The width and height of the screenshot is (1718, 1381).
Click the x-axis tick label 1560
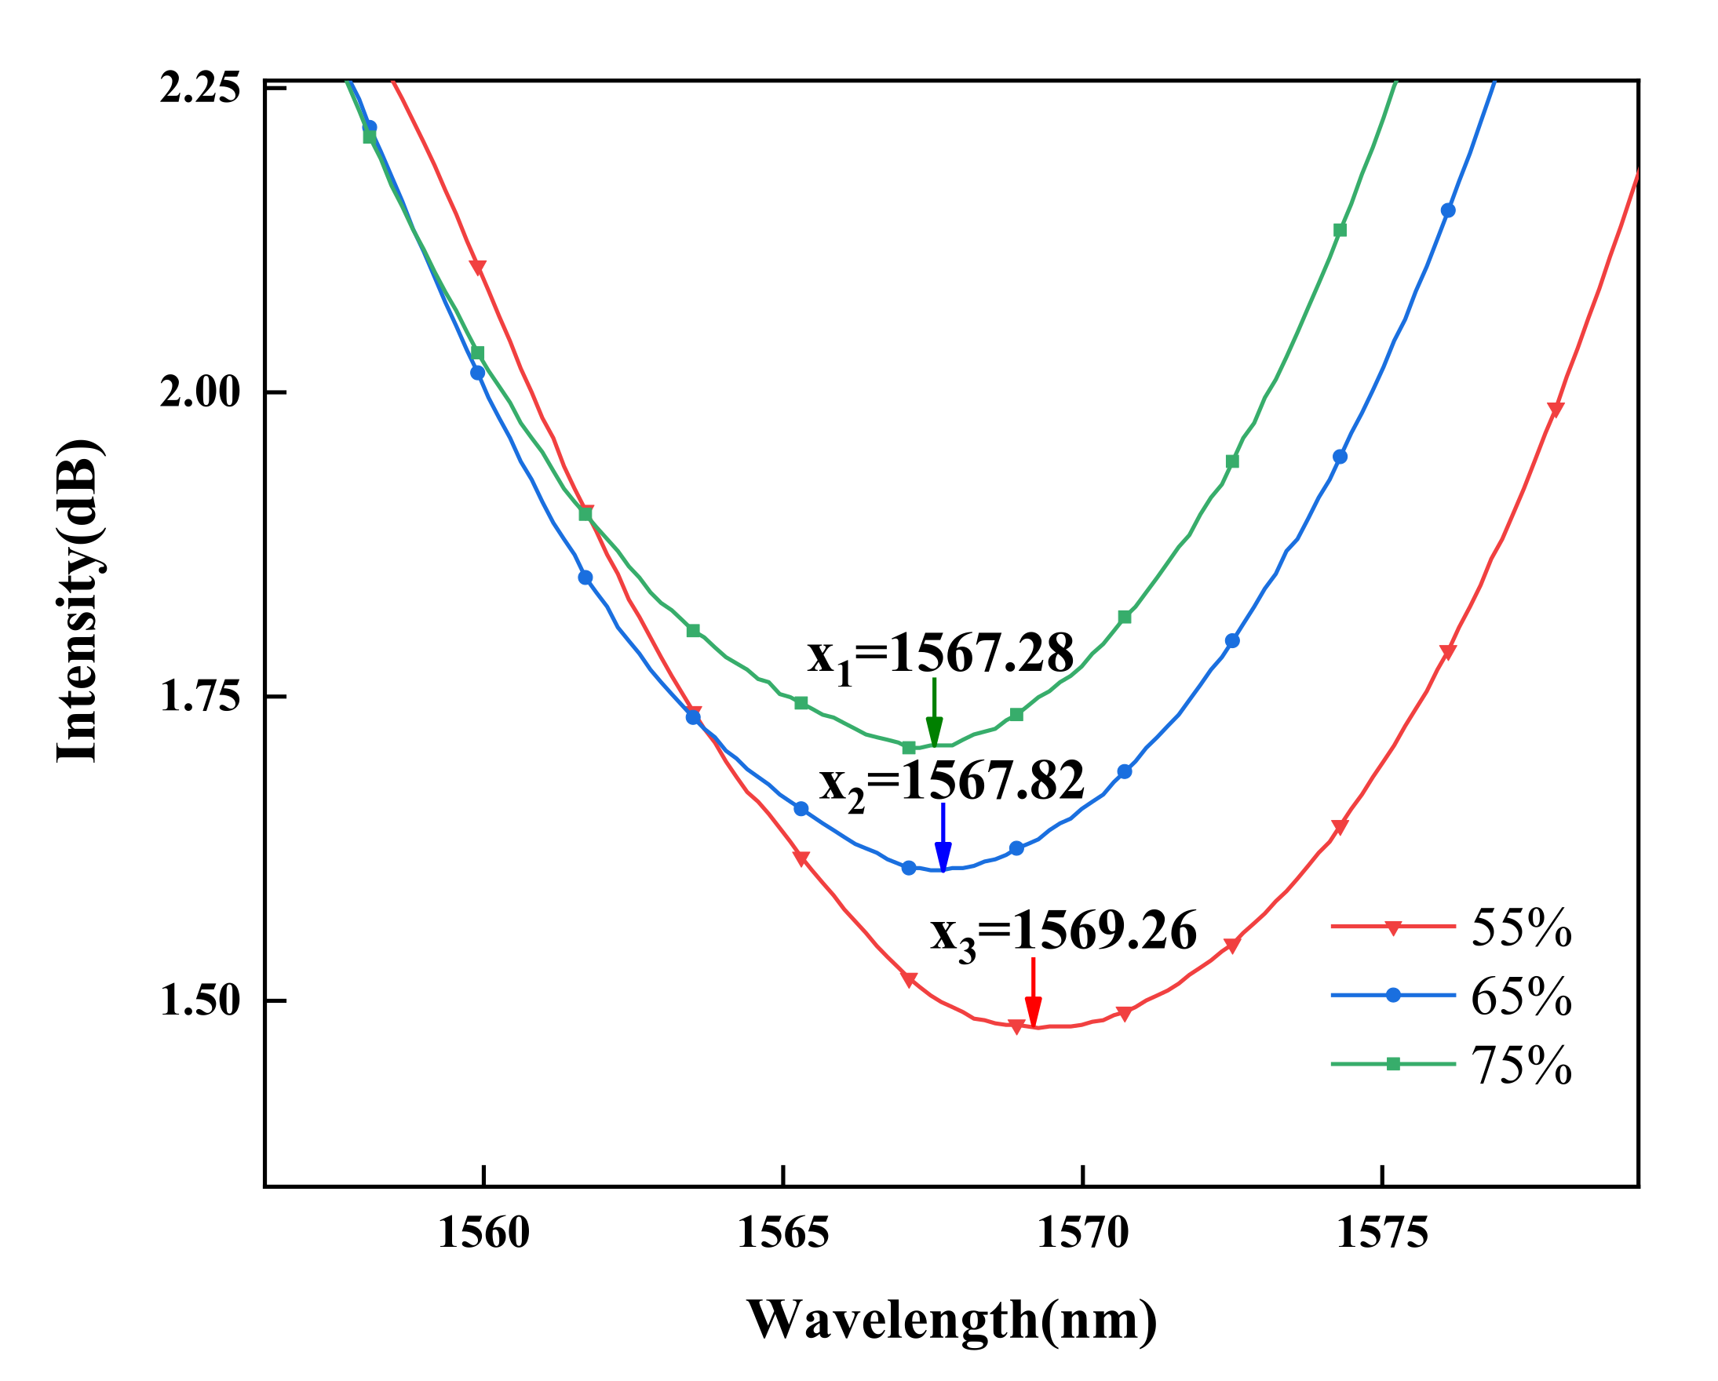pyautogui.click(x=483, y=1234)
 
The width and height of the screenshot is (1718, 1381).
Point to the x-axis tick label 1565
pyautogui.click(x=783, y=1234)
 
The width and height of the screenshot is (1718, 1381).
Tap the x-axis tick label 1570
pyautogui.click(x=1083, y=1234)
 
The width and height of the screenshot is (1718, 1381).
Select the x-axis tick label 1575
pyautogui.click(x=1383, y=1234)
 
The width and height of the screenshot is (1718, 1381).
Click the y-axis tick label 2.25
pyautogui.click(x=200, y=88)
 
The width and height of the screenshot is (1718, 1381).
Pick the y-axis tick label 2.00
pyautogui.click(x=200, y=393)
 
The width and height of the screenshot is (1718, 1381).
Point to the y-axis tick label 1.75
pyautogui.click(x=200, y=698)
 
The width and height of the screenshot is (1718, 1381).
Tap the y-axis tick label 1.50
pyautogui.click(x=200, y=1002)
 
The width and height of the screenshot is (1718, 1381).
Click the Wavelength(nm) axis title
pyautogui.click(x=952, y=1321)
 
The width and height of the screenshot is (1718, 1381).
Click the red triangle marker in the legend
pyautogui.click(x=1393, y=927)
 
